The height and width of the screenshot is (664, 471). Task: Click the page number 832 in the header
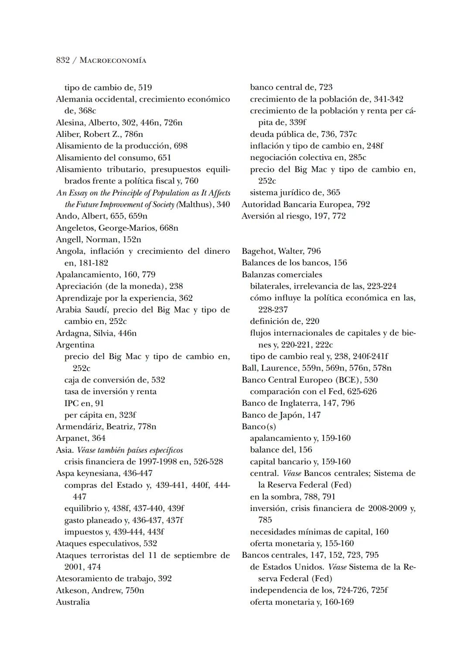click(x=63, y=60)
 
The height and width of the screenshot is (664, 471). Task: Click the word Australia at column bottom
click(x=73, y=602)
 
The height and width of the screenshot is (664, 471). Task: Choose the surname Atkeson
click(x=72, y=590)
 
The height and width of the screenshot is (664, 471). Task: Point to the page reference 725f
click(x=379, y=590)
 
